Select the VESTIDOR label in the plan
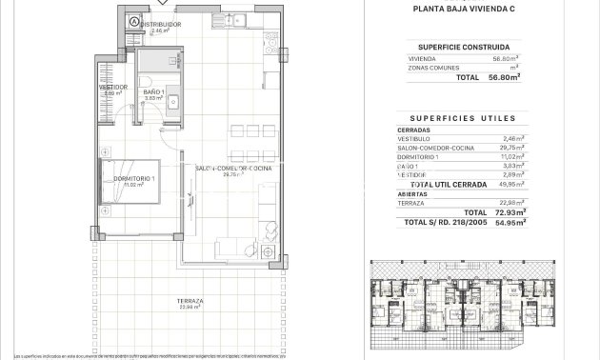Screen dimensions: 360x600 click(x=114, y=87)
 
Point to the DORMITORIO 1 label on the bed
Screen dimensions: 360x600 click(x=133, y=178)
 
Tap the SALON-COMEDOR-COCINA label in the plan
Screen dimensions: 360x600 click(x=233, y=168)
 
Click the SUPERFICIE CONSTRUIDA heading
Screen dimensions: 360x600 click(x=476, y=46)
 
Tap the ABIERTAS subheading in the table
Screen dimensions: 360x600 click(x=411, y=193)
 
